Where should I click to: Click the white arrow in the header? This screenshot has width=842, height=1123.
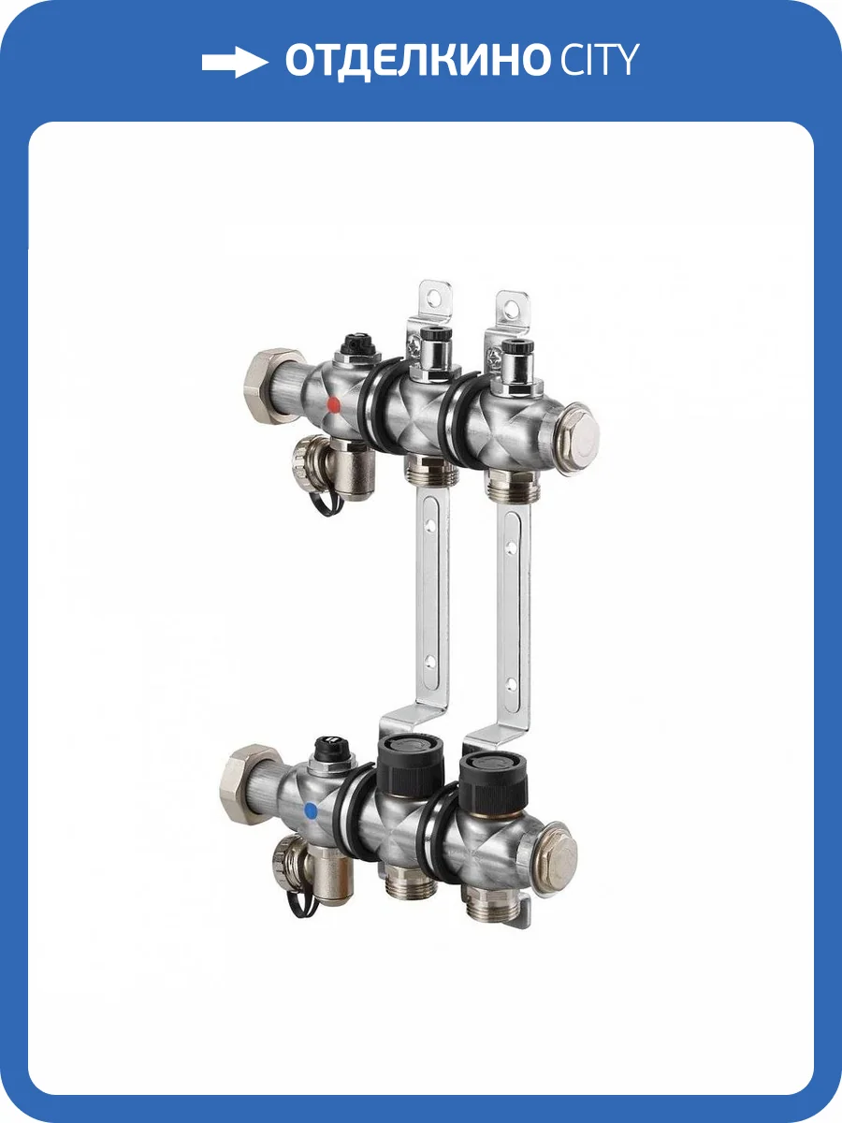click(x=235, y=63)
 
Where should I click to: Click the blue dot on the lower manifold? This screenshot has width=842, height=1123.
click(x=311, y=810)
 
